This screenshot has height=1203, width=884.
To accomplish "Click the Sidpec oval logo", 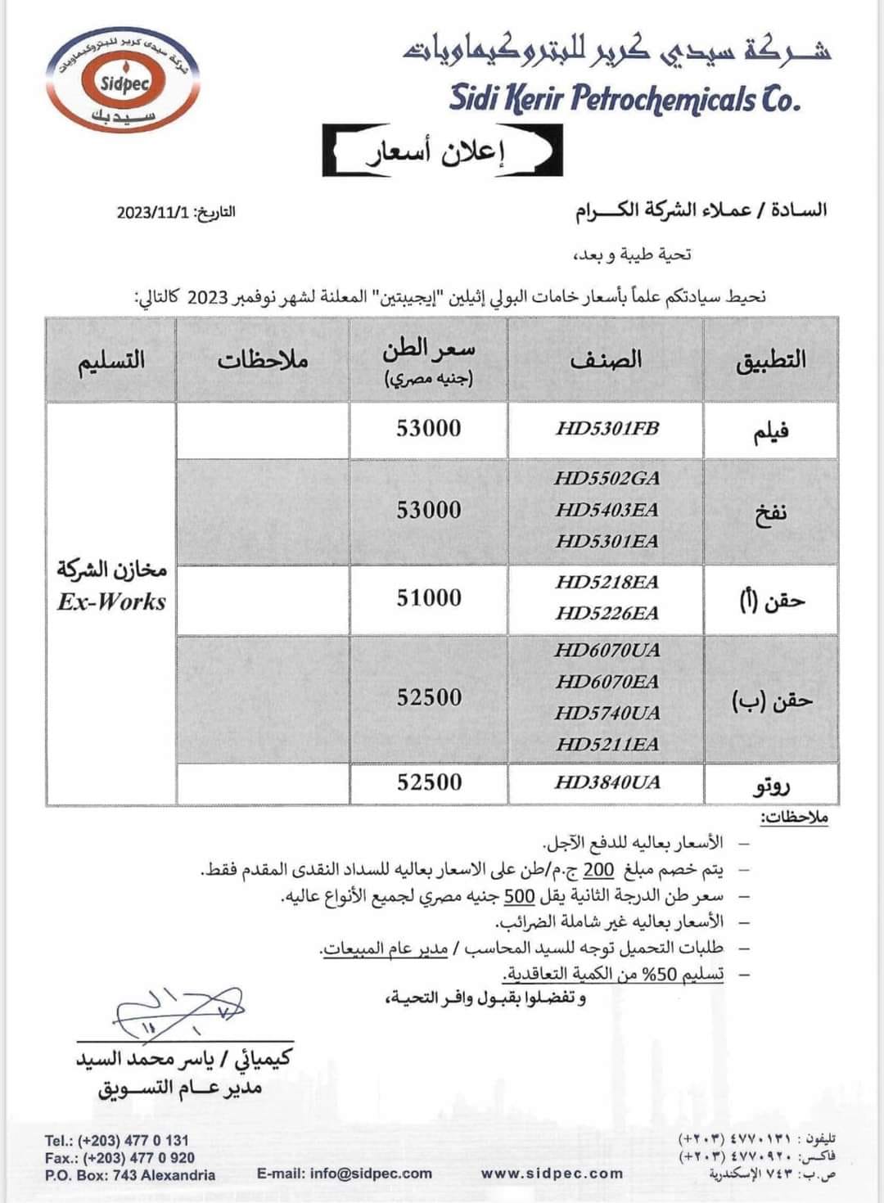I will point(123,83).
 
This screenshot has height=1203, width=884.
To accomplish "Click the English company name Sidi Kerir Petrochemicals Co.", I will point(624,98).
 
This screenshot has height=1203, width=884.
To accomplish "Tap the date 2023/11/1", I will point(153,212).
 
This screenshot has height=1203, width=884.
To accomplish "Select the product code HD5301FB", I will point(607,429).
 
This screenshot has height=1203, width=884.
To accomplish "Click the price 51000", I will point(429,598).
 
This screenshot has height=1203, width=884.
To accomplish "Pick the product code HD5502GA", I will point(607,479).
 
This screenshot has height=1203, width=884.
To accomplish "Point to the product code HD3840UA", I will point(607,782).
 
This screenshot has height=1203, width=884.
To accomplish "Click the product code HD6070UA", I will point(607,651).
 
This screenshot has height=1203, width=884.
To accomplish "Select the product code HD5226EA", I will point(607,613).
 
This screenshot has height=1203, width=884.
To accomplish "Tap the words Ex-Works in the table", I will point(111,602).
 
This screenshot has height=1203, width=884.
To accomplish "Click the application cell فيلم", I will point(770,431).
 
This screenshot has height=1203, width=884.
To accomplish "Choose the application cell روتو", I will point(771,786).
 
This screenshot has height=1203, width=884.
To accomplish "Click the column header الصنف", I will point(606,360).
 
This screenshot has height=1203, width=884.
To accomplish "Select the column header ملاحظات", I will point(262,360).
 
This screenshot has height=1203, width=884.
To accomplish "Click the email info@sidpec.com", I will point(345,1173).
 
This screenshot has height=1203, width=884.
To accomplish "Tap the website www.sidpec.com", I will point(552,1173).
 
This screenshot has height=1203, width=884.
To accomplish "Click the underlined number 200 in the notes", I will point(598,870).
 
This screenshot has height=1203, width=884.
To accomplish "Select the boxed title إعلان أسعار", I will point(443,151).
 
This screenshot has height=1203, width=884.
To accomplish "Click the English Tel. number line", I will point(117,1140).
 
